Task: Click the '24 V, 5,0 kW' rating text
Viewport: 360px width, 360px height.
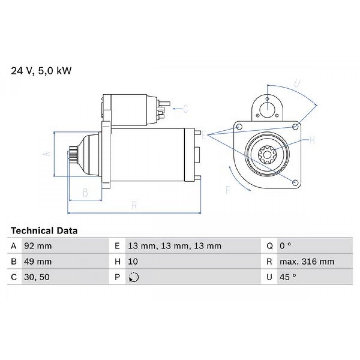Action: [41, 71]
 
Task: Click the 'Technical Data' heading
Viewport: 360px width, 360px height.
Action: [44, 231]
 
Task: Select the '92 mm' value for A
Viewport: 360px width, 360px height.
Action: [38, 246]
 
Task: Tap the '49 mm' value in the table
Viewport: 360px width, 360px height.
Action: [38, 262]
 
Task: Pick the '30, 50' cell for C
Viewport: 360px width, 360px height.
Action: [37, 277]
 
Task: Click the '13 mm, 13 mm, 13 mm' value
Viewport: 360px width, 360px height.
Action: [175, 246]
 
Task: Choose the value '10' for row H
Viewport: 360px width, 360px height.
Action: [133, 262]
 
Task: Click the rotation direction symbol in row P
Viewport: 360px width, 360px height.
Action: [133, 277]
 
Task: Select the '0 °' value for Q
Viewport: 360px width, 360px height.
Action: [285, 246]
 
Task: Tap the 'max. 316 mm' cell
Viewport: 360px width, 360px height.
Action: [307, 262]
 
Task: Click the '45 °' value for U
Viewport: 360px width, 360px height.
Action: [288, 277]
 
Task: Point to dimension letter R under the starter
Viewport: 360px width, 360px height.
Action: [134, 205]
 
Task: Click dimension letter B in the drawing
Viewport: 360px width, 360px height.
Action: [85, 193]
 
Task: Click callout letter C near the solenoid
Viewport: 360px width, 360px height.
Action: [185, 109]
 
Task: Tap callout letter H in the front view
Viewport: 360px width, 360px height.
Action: [312, 140]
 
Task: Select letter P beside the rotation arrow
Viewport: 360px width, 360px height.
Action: [228, 190]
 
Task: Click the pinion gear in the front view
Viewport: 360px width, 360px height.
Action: [267, 154]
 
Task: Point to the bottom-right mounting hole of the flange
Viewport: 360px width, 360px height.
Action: [295, 182]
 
